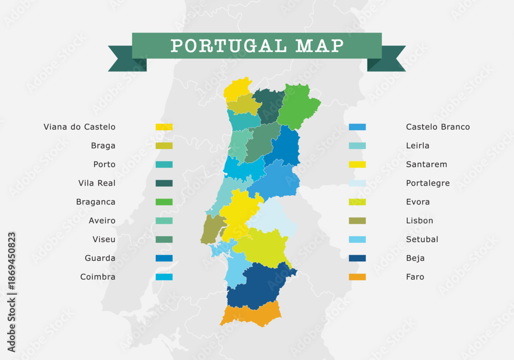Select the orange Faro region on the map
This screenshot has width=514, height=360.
[251, 314]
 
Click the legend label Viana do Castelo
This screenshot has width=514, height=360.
[80, 127]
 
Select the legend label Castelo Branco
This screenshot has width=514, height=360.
[438, 127]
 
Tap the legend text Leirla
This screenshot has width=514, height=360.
[417, 146]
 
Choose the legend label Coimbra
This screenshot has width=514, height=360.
[98, 277]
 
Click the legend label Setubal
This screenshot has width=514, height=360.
[422, 240]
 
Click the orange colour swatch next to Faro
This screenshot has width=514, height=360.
[357, 277]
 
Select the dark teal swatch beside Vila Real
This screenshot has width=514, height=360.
[164, 183]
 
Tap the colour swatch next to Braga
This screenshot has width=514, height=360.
[164, 146]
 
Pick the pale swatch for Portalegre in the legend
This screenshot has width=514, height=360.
[357, 183]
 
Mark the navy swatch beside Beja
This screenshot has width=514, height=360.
[357, 258]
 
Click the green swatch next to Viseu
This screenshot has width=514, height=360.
[164, 240]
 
